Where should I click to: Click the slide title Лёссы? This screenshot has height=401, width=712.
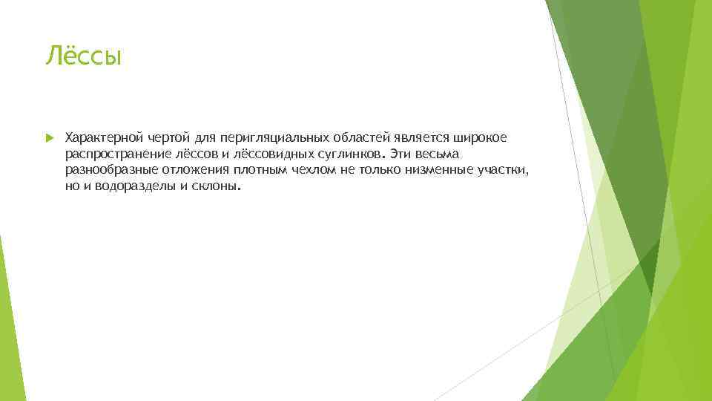(82, 56)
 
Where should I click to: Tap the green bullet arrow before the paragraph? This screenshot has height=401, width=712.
(49, 138)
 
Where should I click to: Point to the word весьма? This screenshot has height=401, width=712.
(440, 154)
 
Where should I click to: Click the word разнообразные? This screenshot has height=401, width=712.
(105, 171)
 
